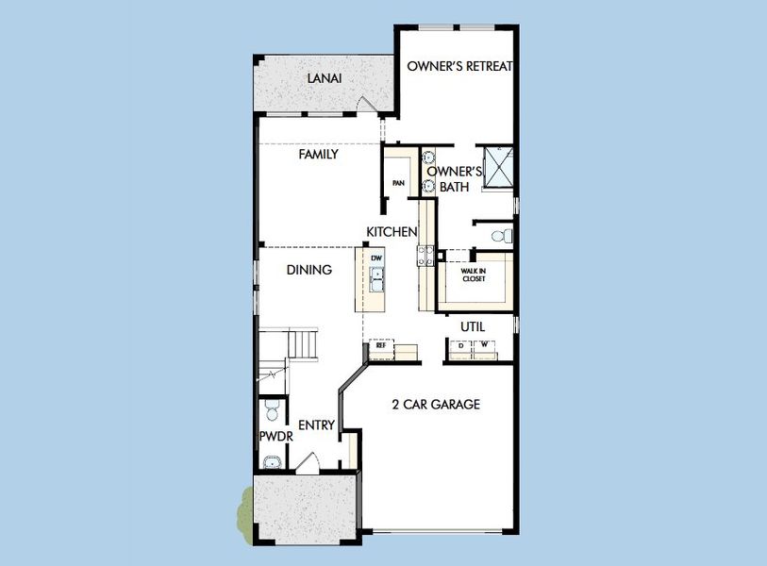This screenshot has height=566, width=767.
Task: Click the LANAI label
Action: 324,77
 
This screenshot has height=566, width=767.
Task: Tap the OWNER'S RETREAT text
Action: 459,66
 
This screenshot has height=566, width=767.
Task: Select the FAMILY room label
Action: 319,154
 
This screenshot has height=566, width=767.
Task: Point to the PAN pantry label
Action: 399,184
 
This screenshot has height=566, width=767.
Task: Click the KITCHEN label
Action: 392,231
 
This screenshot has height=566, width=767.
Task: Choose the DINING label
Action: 309,270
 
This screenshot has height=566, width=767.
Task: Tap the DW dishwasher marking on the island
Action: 376,258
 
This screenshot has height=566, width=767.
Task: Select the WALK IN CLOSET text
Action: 473,275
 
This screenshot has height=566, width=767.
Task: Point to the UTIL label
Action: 473,325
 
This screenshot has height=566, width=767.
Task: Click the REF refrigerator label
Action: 381,346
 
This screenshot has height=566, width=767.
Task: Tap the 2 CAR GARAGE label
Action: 436,405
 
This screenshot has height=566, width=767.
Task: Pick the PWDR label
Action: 277,438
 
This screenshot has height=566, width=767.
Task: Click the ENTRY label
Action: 317,425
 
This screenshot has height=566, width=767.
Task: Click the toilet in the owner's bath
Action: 505,235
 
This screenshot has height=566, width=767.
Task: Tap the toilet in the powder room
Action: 272,410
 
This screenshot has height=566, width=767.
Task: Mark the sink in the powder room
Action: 272,461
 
